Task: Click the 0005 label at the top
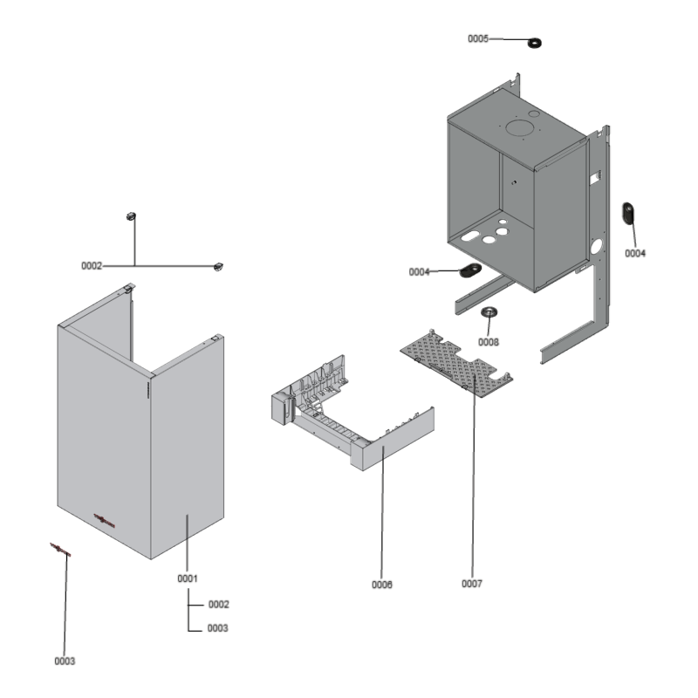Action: coord(478,39)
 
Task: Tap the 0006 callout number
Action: coord(381,585)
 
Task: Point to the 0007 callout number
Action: coord(472,583)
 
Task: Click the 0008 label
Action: coord(489,342)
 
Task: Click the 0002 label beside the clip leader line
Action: coord(92,264)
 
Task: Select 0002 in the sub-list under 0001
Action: coord(218,604)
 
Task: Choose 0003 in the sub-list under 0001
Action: coord(218,628)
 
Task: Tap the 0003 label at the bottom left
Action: coord(65,661)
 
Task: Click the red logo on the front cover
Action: coord(104,520)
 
